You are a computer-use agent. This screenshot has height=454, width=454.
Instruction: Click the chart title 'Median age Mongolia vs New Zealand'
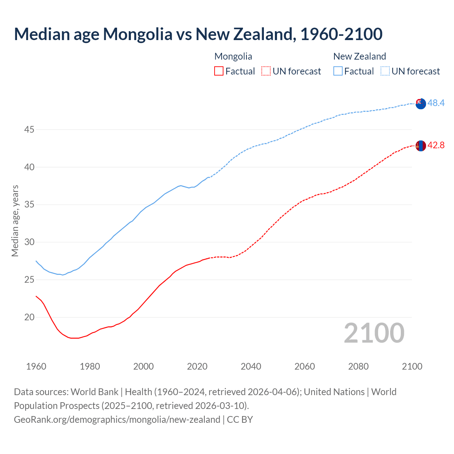(x=198, y=34)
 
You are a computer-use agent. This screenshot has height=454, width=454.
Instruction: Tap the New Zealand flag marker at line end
(x=420, y=104)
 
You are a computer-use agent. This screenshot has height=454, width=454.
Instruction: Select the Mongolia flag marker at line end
(x=420, y=146)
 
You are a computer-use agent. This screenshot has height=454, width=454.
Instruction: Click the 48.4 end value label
(x=436, y=103)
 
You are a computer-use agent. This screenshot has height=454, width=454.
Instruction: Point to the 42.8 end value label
(x=436, y=145)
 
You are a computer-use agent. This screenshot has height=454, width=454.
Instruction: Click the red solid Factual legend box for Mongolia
(x=219, y=71)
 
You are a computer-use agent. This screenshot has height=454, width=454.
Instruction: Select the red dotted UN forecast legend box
(x=266, y=71)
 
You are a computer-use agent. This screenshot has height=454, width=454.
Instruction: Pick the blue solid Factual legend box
(x=338, y=71)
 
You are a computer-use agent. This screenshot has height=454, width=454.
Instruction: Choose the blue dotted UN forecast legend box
(x=385, y=71)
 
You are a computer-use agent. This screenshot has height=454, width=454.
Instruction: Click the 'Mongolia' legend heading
(x=233, y=56)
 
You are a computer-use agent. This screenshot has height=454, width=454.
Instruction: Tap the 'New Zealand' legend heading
(x=359, y=56)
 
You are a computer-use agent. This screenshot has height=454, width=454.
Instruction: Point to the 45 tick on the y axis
(x=29, y=130)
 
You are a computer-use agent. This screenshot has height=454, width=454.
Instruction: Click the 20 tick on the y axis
(x=29, y=317)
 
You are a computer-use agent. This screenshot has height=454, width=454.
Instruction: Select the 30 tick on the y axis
(x=29, y=242)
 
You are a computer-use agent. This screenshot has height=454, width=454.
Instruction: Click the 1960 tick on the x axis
(x=36, y=366)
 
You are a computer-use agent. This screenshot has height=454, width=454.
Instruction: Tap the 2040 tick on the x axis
(x=251, y=366)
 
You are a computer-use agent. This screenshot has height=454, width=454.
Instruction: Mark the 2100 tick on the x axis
(x=412, y=366)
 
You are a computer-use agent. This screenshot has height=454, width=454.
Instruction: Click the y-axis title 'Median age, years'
(x=15, y=221)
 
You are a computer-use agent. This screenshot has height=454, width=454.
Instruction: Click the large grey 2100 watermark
(x=374, y=333)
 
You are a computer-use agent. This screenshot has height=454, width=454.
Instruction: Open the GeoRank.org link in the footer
(x=117, y=420)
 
